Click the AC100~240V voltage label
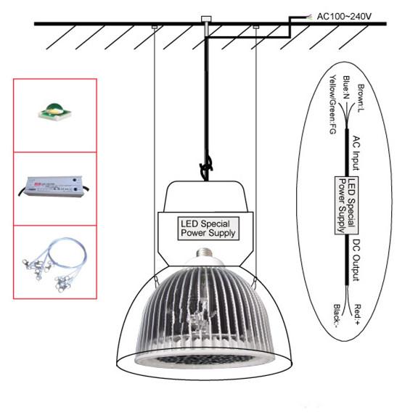coord(344,17)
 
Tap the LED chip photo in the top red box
coord(55,112)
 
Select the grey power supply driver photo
coord(53,187)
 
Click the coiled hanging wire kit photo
coord(54,264)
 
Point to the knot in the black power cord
coord(206,168)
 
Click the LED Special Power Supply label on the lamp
coord(208,229)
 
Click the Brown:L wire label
coord(361,98)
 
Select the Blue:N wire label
coord(346,87)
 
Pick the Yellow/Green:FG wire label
coord(332,104)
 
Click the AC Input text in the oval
coord(356,152)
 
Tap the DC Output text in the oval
coord(356,260)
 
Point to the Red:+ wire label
coord(357,314)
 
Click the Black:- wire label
coord(337,316)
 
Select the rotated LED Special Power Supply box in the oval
coord(346,205)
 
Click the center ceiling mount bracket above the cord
coord(206,19)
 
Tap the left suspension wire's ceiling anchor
coord(155,27)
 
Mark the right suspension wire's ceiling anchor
coord(256,27)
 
